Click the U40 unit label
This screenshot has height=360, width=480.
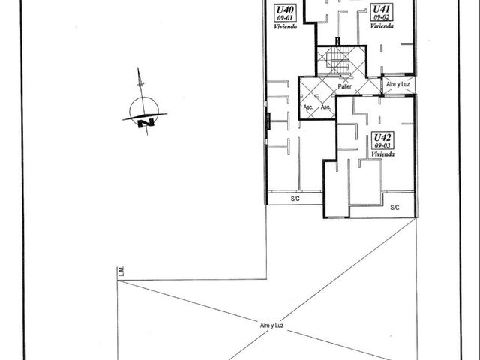click(285, 10)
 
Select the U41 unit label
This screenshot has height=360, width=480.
click(382, 9)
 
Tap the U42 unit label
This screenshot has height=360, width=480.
click(382, 137)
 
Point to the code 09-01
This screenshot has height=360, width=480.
click(285, 18)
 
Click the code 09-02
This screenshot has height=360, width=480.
click(382, 17)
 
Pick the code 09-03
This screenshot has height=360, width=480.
click(382, 145)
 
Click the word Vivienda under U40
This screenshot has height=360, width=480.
click(285, 27)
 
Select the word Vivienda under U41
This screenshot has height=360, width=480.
click(382, 26)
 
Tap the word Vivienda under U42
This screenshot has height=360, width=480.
click(382, 154)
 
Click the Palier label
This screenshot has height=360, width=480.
click(345, 87)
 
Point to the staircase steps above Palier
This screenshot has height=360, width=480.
click(337, 61)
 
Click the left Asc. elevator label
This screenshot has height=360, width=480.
click(308, 107)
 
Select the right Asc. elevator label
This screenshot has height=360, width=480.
click(325, 107)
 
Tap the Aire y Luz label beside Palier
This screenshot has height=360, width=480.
click(398, 84)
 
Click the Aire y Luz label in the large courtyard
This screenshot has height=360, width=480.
click(271, 325)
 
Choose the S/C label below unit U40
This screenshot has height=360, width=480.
click(295, 199)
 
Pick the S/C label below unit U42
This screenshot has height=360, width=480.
click(395, 208)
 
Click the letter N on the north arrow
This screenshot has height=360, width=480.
click(145, 123)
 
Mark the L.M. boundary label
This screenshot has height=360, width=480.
click(121, 273)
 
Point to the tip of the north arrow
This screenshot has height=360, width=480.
click(138, 67)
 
